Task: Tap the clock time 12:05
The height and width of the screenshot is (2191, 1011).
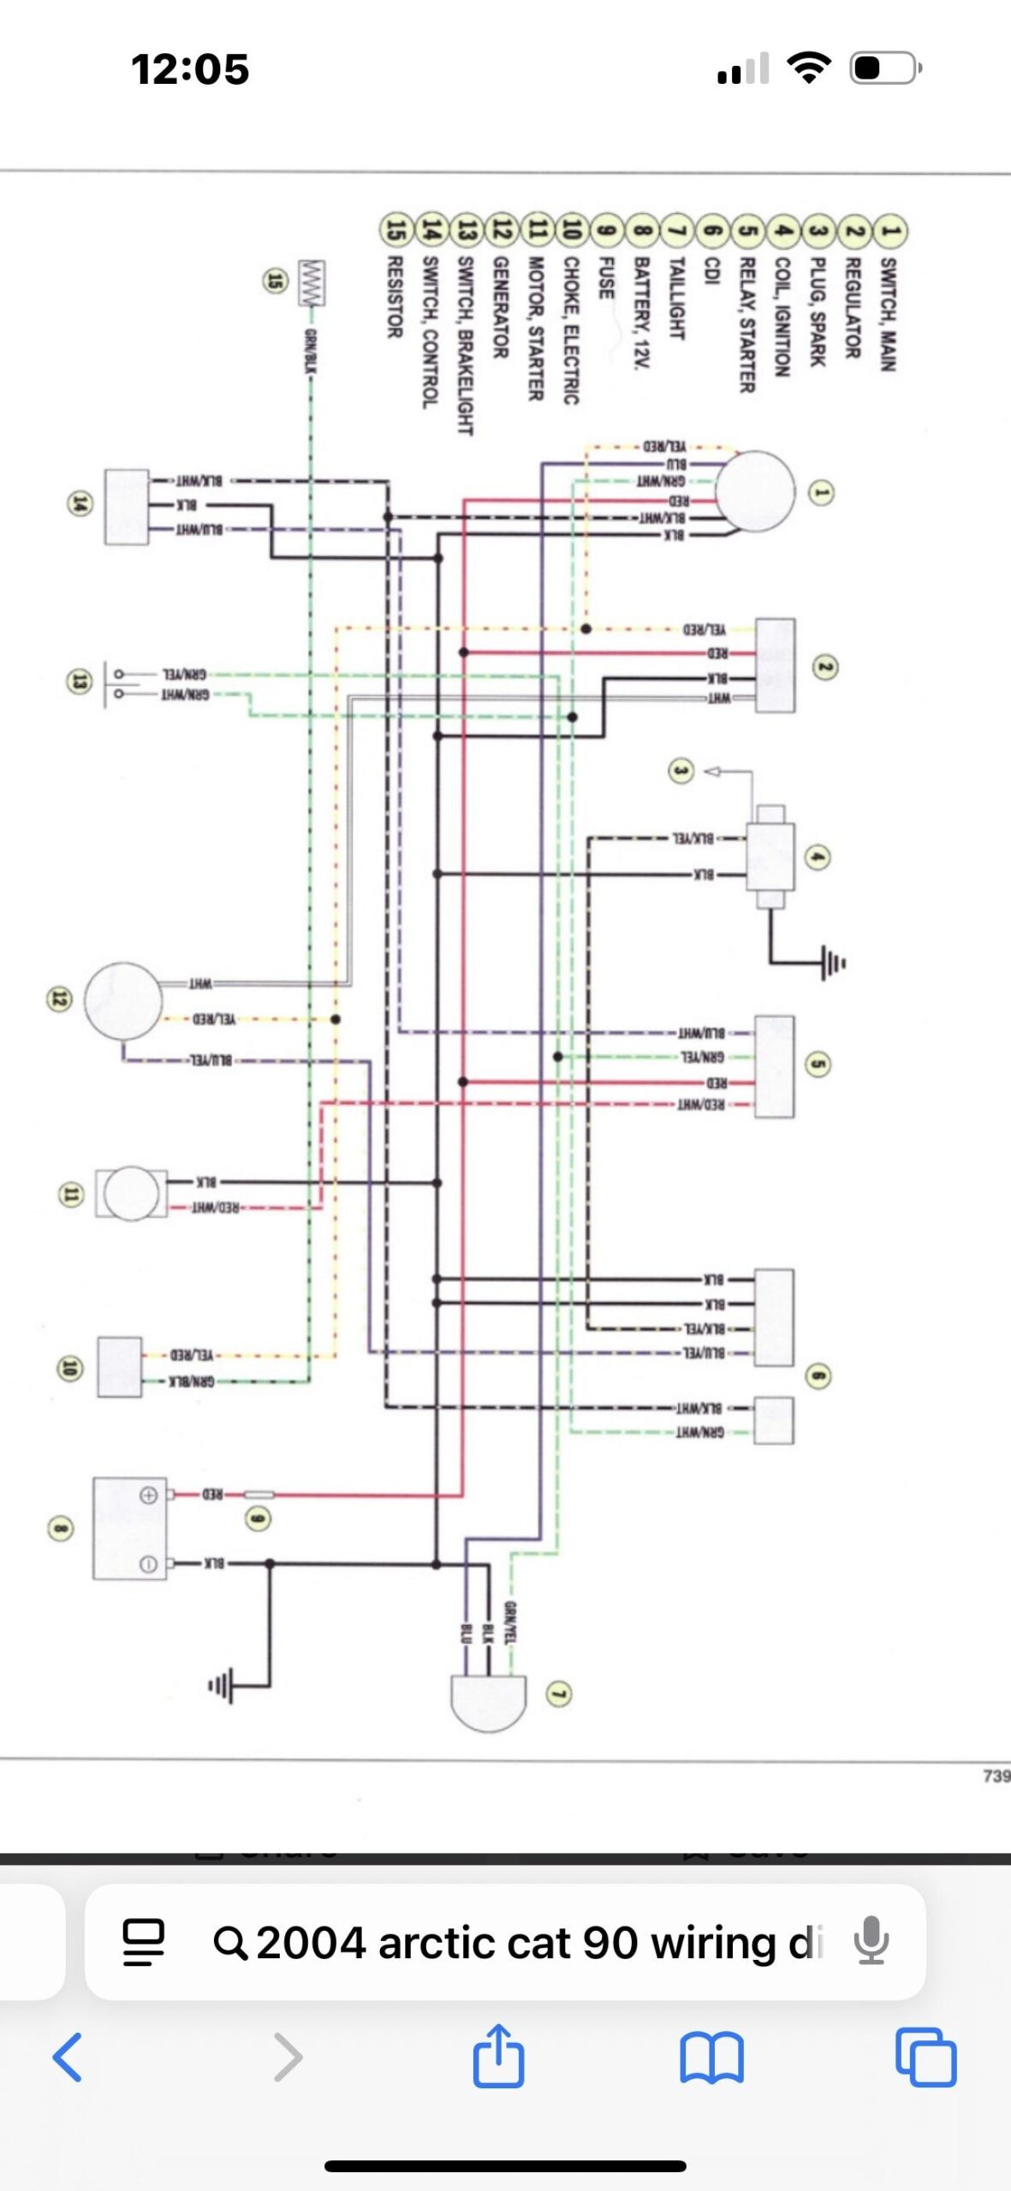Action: pyautogui.click(x=190, y=68)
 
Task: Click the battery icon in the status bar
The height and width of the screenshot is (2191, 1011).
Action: pyautogui.click(x=884, y=68)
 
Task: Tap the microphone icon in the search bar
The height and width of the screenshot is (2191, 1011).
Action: pyautogui.click(x=871, y=1940)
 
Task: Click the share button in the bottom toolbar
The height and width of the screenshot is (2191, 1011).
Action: pyautogui.click(x=498, y=2056)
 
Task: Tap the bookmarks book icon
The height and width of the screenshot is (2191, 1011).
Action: pyautogui.click(x=711, y=2057)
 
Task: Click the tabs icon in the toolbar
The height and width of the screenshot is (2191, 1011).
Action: pyautogui.click(x=925, y=2057)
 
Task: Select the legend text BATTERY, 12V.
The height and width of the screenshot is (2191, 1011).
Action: pyautogui.click(x=641, y=313)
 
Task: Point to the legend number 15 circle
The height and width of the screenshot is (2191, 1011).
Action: pyautogui.click(x=395, y=229)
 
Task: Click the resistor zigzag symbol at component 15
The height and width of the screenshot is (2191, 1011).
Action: pyautogui.click(x=312, y=283)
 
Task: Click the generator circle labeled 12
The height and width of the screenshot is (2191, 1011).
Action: pyautogui.click(x=124, y=1000)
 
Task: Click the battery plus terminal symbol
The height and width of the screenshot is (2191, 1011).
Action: pyautogui.click(x=148, y=1495)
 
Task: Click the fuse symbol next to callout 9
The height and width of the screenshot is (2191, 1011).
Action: pyautogui.click(x=259, y=1494)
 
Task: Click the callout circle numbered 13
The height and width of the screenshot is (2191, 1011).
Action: pyautogui.click(x=80, y=681)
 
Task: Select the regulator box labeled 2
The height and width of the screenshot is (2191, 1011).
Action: pyautogui.click(x=775, y=666)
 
